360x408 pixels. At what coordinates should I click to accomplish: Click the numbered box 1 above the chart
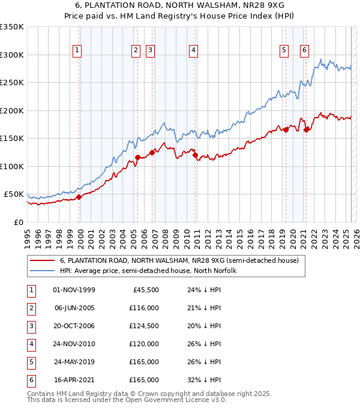click(78, 50)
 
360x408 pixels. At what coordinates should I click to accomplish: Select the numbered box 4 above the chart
click(194, 50)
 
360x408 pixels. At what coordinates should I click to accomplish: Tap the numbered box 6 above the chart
click(305, 50)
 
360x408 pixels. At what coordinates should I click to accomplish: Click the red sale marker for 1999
click(79, 196)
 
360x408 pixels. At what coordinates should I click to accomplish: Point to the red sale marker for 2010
click(196, 155)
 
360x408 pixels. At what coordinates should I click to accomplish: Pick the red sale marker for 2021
click(307, 129)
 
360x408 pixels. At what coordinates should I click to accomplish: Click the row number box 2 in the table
click(30, 308)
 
